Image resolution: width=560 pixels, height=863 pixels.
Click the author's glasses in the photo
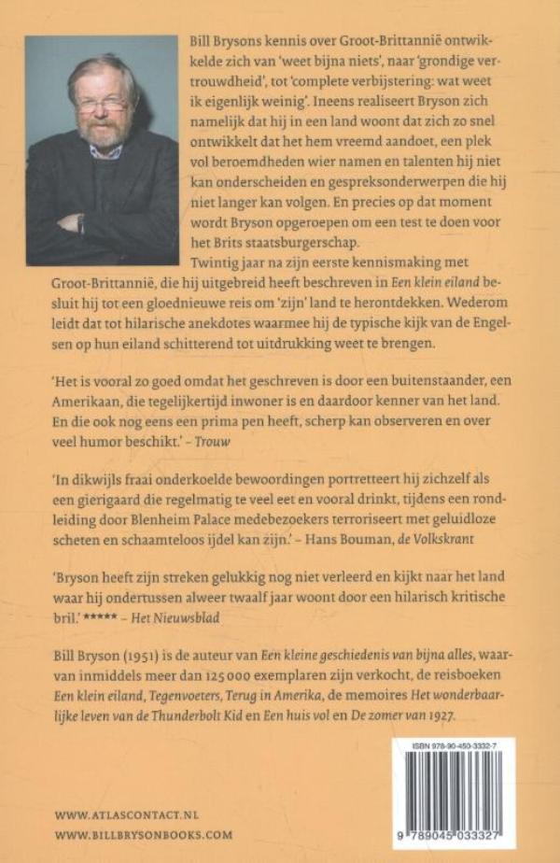point(102,102)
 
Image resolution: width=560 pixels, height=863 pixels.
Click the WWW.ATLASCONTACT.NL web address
point(127,814)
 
